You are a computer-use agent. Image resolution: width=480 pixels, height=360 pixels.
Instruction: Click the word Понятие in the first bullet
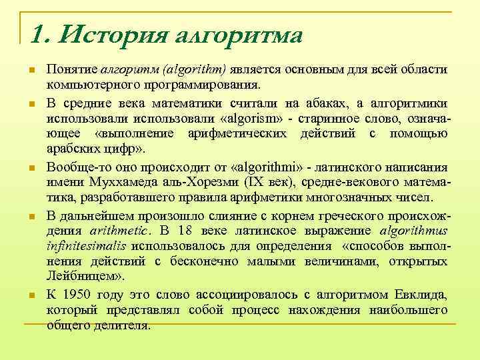71,71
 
